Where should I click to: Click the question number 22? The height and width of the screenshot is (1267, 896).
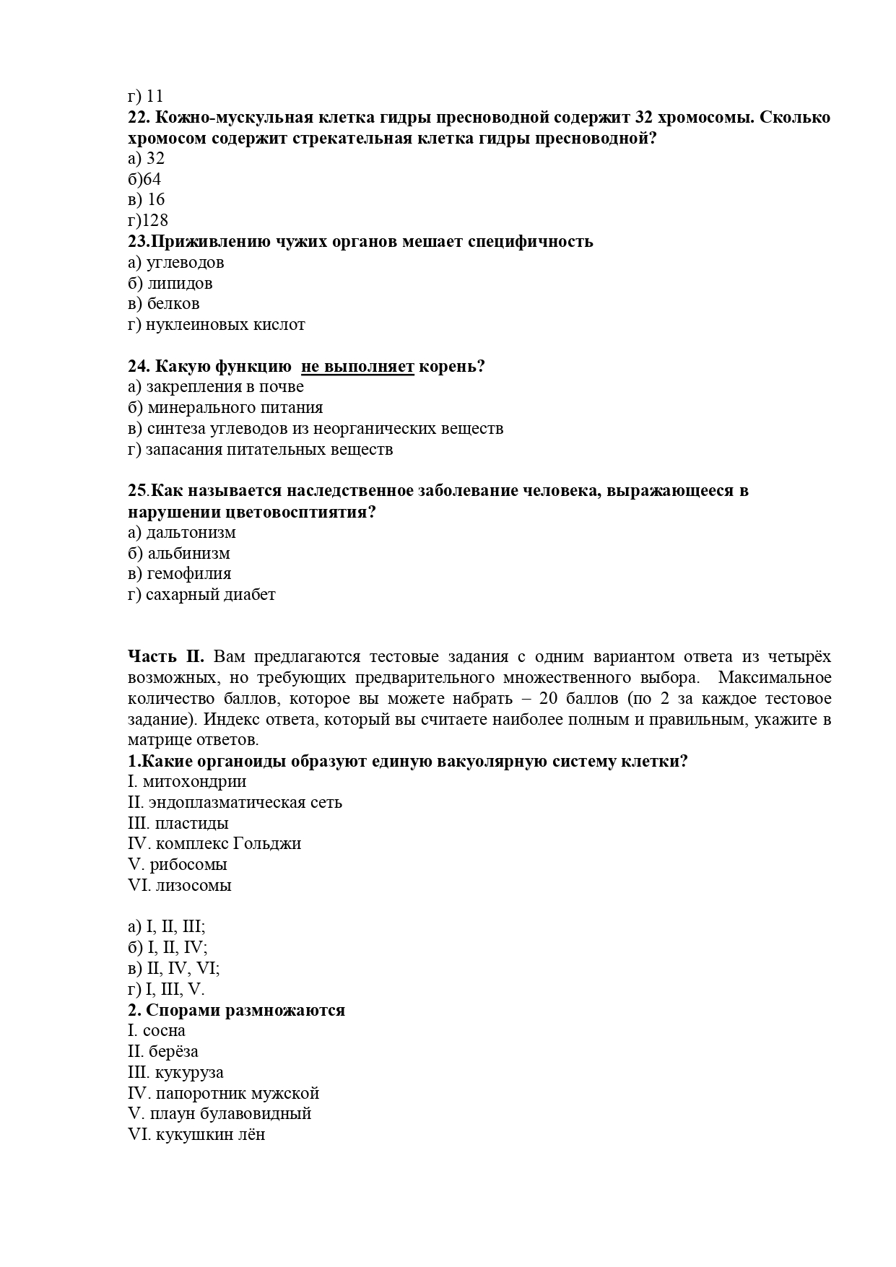tap(139, 118)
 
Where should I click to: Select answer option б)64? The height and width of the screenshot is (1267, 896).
tap(144, 179)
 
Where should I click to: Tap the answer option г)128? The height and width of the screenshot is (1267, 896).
tap(148, 220)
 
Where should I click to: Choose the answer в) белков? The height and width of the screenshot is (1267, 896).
tap(164, 304)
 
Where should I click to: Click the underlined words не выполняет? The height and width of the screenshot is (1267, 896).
tap(357, 367)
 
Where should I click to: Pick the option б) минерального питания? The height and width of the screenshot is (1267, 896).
tap(225, 408)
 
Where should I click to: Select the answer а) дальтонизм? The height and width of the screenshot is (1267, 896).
tap(182, 533)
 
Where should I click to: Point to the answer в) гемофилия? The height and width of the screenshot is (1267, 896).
tap(180, 574)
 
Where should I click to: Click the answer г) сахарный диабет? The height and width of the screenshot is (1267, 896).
tap(201, 595)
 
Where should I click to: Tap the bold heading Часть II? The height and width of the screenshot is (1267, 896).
tap(166, 657)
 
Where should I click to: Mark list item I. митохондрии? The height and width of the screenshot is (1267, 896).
tap(187, 782)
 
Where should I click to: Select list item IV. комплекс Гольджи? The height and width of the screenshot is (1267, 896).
tap(214, 844)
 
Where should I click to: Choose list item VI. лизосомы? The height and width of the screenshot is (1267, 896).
tap(180, 886)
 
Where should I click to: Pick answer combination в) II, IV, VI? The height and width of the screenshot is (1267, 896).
tap(174, 969)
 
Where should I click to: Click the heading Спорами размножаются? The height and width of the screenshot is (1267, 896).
tap(245, 1011)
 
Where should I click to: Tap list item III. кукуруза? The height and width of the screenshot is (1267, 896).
tap(175, 1073)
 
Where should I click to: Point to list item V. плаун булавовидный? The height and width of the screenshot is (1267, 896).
tap(219, 1114)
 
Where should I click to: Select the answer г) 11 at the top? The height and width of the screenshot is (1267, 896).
tap(146, 96)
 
